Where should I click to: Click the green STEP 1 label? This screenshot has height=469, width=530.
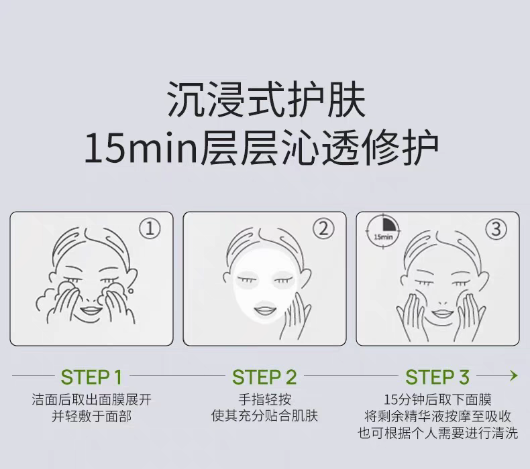(91, 377)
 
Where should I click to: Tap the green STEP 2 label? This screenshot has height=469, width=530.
(264, 377)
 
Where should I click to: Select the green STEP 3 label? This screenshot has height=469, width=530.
(437, 377)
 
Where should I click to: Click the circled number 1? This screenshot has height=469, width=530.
(150, 228)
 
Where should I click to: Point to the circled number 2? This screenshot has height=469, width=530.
(323, 228)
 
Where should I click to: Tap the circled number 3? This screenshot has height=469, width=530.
(496, 229)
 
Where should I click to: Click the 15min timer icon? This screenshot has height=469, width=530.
(383, 232)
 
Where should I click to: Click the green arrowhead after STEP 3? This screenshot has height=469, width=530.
(514, 375)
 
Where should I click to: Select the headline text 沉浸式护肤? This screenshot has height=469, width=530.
(267, 100)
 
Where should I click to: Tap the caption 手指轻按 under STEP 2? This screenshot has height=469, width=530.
(264, 400)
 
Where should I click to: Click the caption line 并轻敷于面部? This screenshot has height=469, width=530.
(91, 416)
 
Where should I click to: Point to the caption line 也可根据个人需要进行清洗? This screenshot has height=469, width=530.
(437, 433)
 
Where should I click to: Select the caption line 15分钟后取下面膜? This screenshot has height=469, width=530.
(437, 400)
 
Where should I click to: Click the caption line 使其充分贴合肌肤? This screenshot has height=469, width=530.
(264, 416)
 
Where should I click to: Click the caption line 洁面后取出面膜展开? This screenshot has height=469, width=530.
(91, 400)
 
